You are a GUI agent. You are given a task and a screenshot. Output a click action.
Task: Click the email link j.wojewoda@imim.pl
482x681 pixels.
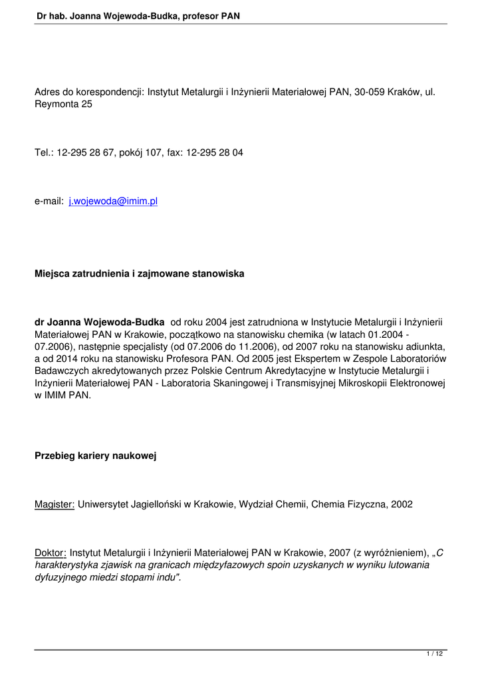click(112, 201)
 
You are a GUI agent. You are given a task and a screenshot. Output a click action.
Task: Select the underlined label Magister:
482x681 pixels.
click(55, 504)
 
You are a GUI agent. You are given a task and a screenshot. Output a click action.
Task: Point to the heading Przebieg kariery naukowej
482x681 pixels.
click(95, 456)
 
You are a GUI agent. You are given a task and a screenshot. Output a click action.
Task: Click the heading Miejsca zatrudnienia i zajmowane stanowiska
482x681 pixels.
click(139, 273)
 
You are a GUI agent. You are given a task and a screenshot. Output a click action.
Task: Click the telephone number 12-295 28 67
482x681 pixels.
click(85, 152)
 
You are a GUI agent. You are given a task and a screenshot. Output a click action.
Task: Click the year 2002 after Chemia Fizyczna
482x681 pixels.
click(402, 504)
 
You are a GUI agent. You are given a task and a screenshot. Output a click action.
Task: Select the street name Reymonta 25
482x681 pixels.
click(63, 104)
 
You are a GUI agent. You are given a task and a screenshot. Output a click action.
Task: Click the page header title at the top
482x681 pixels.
click(138, 15)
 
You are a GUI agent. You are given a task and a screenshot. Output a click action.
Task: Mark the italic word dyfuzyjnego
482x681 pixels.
click(60, 577)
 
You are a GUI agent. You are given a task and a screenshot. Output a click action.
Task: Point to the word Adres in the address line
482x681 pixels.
click(48, 92)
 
